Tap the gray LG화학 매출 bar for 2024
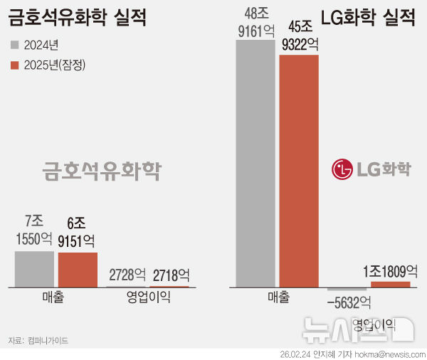click(x=255, y=164)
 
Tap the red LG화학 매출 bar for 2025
click(x=299, y=171)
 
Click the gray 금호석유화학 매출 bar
click(x=34, y=268)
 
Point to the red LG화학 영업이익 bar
click(x=391, y=284)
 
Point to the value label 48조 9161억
click(x=255, y=21)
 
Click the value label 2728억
click(x=127, y=275)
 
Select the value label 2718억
click(x=170, y=275)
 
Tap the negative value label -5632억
click(x=349, y=302)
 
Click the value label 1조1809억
click(x=390, y=271)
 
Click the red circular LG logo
click(x=342, y=169)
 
